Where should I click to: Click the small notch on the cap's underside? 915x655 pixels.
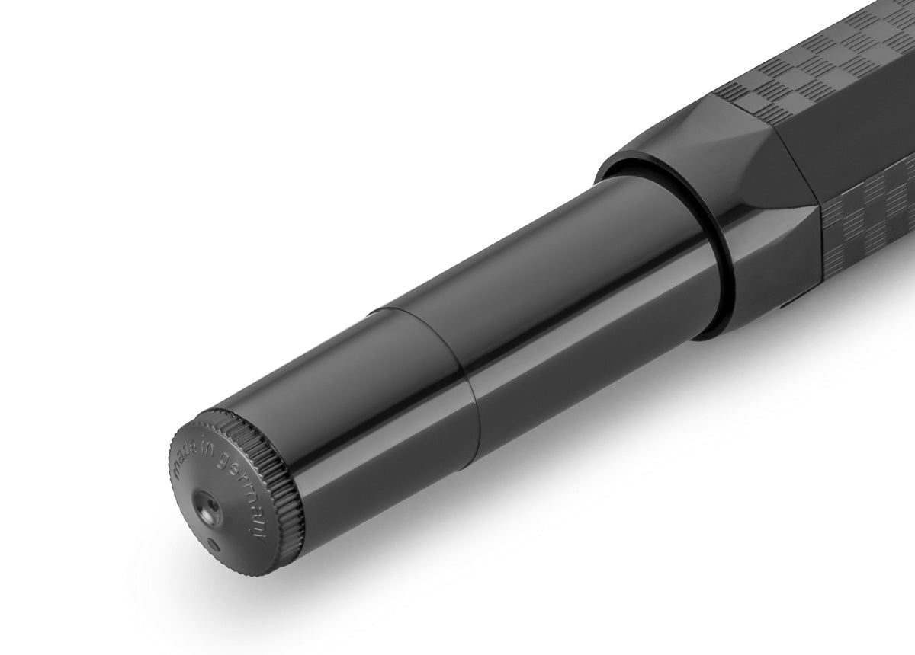point(785,308)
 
